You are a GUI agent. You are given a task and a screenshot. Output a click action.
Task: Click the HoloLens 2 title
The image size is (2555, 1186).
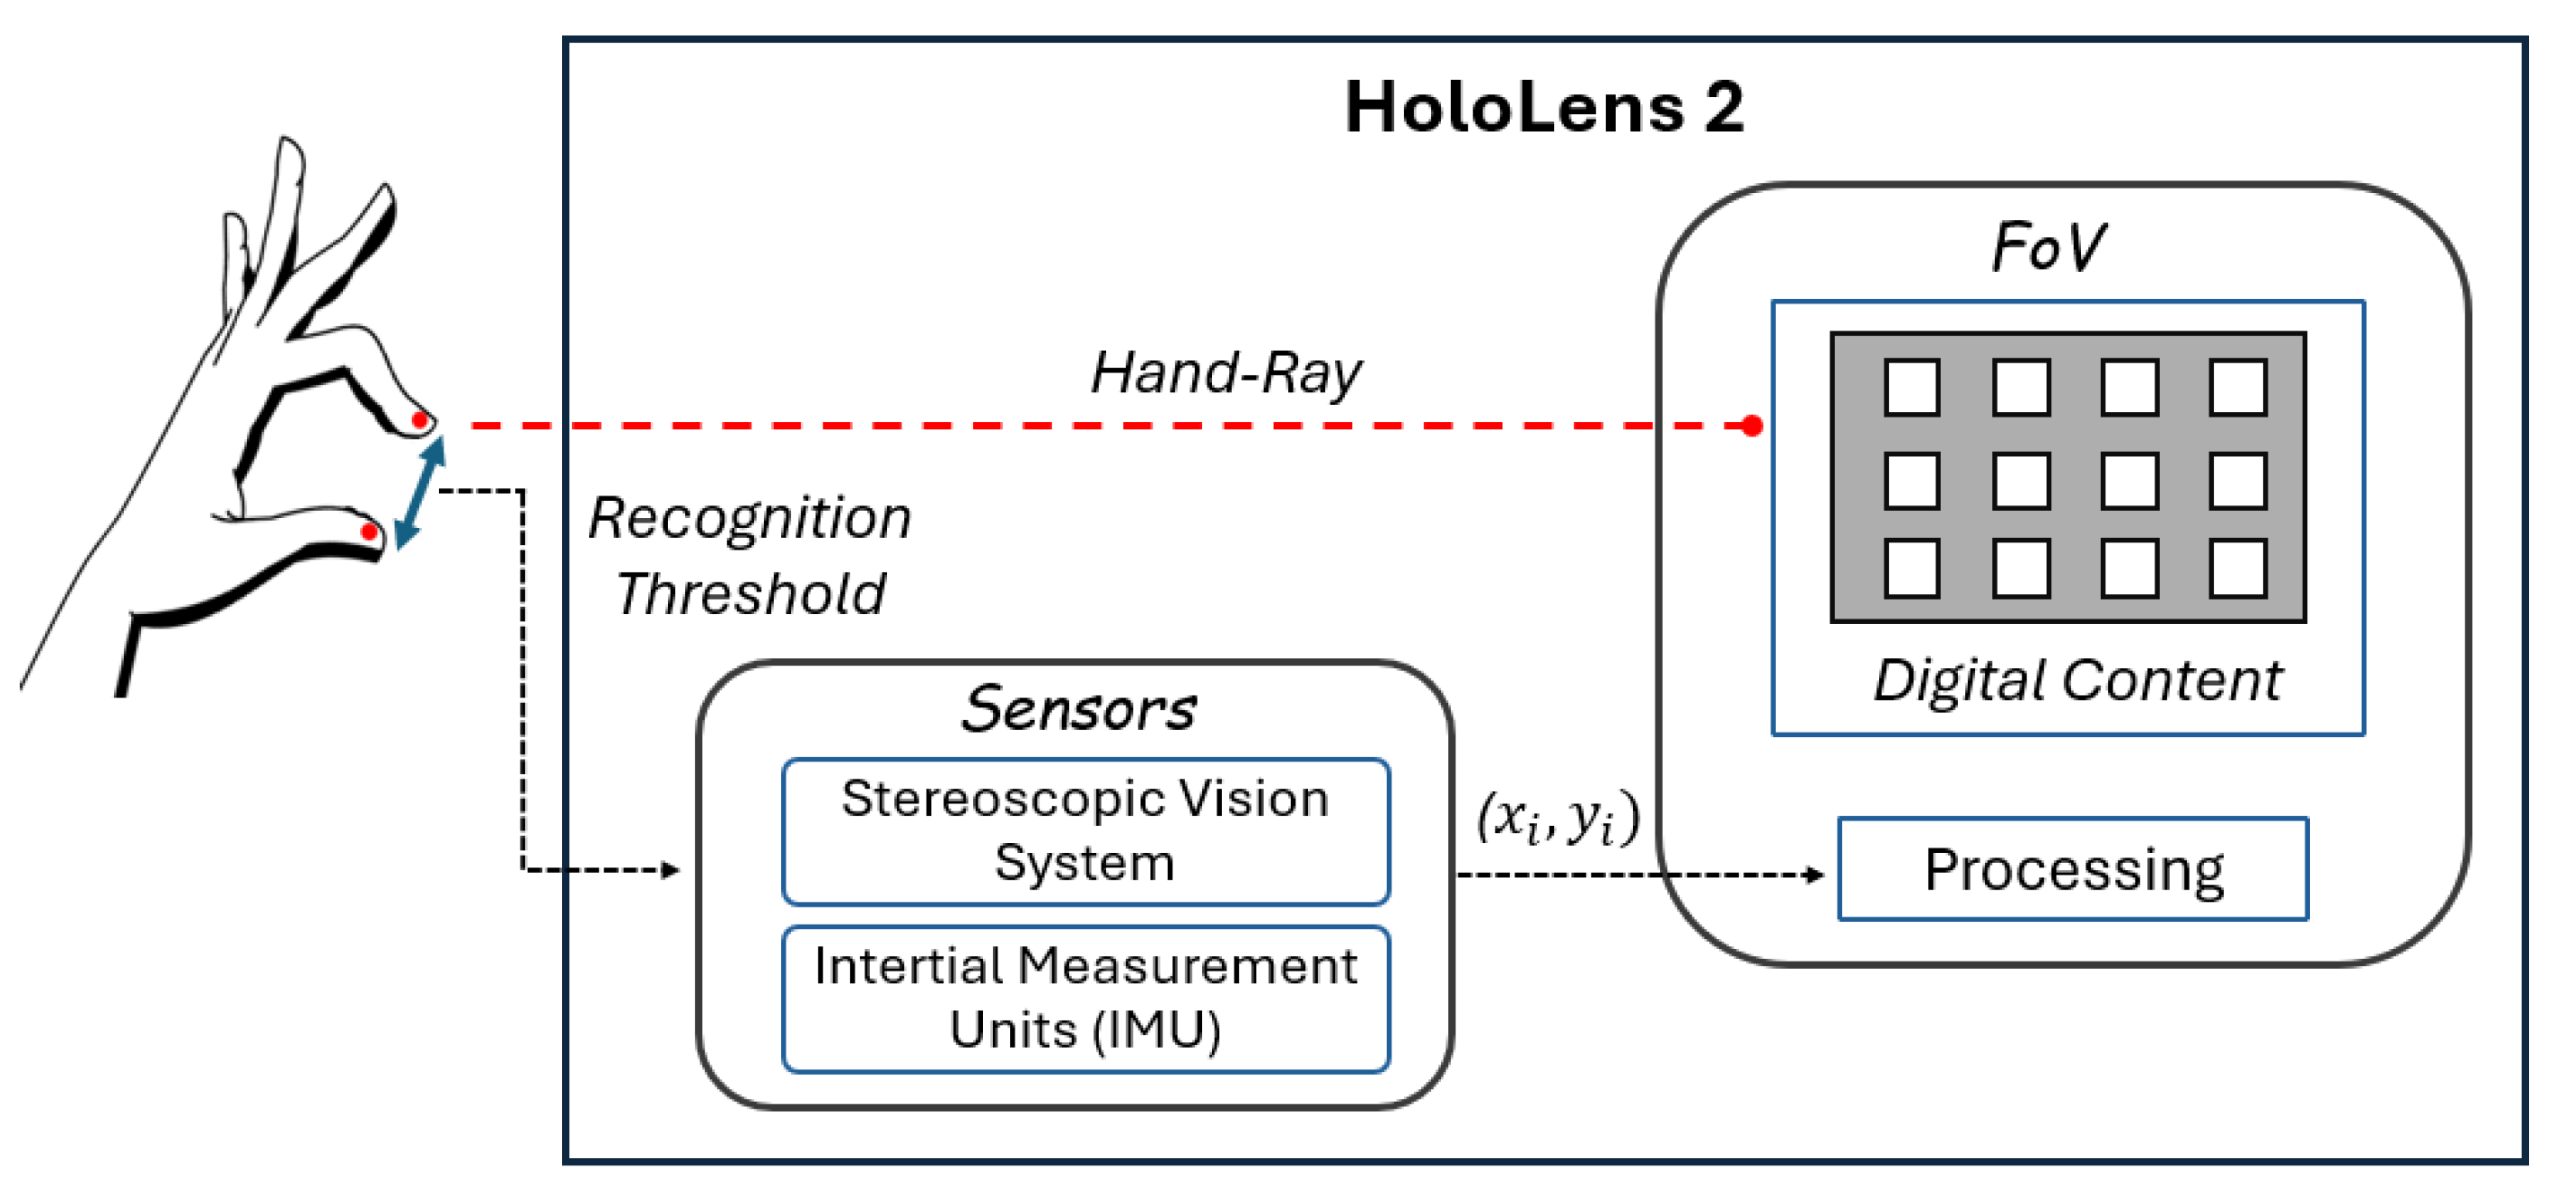click(1543, 107)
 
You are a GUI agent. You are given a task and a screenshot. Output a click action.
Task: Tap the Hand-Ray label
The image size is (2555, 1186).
click(1226, 373)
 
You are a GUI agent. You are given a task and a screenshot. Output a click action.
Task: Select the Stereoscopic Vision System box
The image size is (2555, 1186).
click(1085, 831)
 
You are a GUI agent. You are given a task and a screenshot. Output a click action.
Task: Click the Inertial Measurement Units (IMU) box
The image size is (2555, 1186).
click(1085, 998)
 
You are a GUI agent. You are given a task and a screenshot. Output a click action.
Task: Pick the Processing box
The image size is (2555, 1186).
click(2073, 870)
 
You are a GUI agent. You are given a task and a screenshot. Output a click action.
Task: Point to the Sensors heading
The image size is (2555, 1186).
click(1079, 709)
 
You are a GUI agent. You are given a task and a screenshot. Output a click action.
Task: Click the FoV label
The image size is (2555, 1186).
click(2050, 247)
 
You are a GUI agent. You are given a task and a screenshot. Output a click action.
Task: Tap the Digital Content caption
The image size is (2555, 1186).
click(2076, 681)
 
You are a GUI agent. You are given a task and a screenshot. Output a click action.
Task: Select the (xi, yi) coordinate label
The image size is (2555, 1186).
click(1558, 819)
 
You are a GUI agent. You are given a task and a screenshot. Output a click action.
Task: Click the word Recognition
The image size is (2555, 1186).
click(750, 519)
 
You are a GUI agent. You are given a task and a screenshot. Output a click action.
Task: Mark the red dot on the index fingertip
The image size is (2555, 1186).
click(419, 420)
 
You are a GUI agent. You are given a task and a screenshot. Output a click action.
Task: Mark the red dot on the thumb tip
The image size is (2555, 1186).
click(369, 532)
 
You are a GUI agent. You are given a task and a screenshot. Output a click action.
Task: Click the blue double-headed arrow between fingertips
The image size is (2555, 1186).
click(419, 493)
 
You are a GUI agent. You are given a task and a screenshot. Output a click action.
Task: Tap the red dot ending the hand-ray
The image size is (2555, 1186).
click(1752, 426)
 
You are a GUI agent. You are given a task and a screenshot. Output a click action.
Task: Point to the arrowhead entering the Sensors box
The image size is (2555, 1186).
click(672, 871)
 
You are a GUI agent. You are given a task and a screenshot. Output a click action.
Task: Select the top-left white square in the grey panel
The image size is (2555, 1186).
click(1911, 387)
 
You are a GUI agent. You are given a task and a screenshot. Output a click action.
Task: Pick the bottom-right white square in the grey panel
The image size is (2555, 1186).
click(2237, 568)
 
